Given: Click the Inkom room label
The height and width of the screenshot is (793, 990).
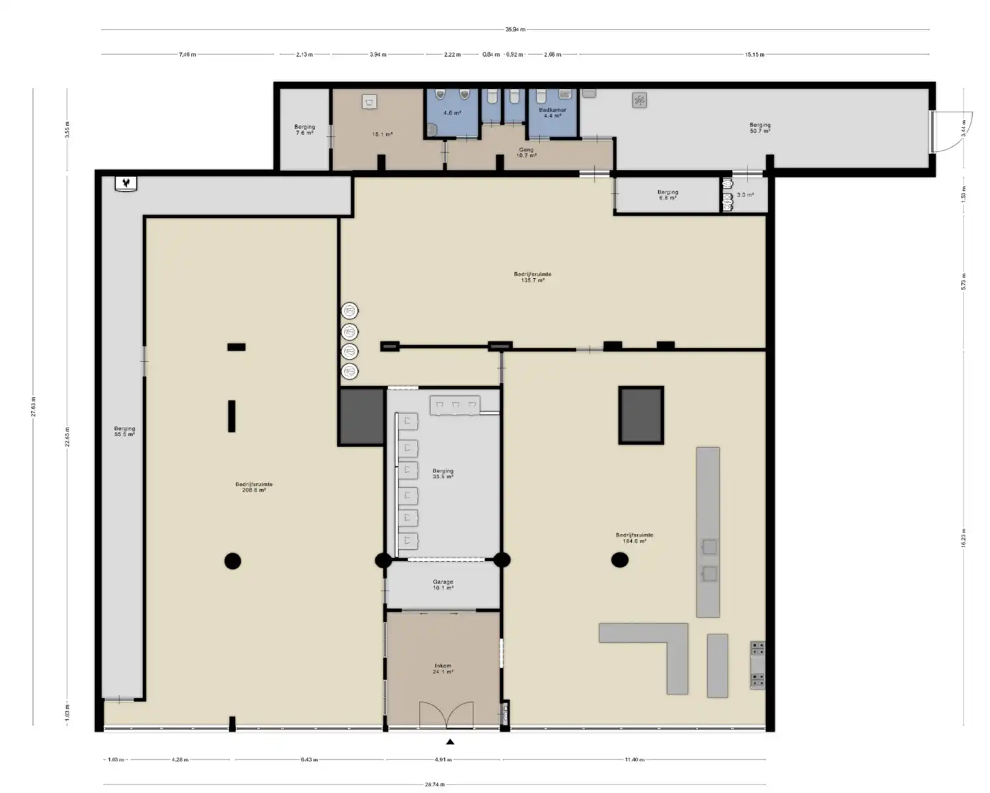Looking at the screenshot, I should click(x=443, y=669).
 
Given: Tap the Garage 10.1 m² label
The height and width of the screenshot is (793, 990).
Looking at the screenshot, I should click(x=443, y=585).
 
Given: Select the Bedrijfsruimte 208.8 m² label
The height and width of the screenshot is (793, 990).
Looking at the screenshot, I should click(x=254, y=487).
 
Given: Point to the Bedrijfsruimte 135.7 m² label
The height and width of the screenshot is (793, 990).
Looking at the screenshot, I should click(x=532, y=277).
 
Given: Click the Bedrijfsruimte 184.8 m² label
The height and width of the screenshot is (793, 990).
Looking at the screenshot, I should click(x=634, y=538).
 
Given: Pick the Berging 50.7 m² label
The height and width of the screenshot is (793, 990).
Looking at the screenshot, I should click(x=759, y=128).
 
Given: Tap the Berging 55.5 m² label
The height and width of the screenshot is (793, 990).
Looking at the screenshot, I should click(x=124, y=432).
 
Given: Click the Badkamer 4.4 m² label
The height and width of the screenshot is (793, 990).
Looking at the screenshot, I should click(x=552, y=113).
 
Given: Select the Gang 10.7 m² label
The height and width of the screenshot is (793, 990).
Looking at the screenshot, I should click(x=526, y=153).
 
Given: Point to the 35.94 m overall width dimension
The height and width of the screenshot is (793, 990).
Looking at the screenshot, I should click(x=515, y=29).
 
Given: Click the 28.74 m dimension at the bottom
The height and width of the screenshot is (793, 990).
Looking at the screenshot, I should click(x=434, y=784).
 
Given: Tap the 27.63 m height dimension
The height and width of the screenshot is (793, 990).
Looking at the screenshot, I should click(x=33, y=406).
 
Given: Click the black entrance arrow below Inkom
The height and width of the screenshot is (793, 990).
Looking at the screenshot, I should click(x=450, y=741).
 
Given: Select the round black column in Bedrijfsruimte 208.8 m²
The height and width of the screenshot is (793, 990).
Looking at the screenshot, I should click(x=233, y=561).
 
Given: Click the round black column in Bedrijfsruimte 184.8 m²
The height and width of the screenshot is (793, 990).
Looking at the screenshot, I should click(x=619, y=560).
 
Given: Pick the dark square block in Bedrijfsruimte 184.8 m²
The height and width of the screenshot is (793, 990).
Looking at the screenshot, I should click(x=641, y=415).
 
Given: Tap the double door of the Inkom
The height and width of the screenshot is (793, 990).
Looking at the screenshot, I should click(x=447, y=715).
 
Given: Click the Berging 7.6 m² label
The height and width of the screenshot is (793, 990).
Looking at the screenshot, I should click(x=305, y=130).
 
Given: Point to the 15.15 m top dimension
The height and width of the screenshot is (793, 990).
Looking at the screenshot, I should click(x=754, y=54).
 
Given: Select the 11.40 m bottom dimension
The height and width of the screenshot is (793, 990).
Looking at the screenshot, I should click(x=634, y=760).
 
